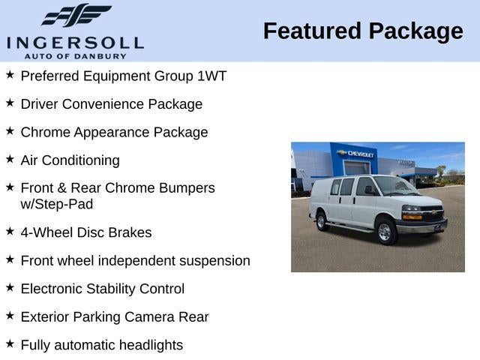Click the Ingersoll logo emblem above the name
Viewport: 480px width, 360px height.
(76, 16)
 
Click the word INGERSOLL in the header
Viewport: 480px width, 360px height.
(75, 42)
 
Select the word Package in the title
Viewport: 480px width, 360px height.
(415, 31)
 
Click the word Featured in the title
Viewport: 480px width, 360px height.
(312, 31)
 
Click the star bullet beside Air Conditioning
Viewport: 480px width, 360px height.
(10, 159)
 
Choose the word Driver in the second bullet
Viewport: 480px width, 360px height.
(40, 104)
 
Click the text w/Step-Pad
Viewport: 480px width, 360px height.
(57, 204)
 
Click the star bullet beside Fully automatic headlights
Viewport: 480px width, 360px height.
(10, 343)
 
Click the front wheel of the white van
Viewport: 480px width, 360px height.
(385, 232)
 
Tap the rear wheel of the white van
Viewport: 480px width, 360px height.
(322, 220)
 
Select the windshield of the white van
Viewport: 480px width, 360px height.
(395, 185)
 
